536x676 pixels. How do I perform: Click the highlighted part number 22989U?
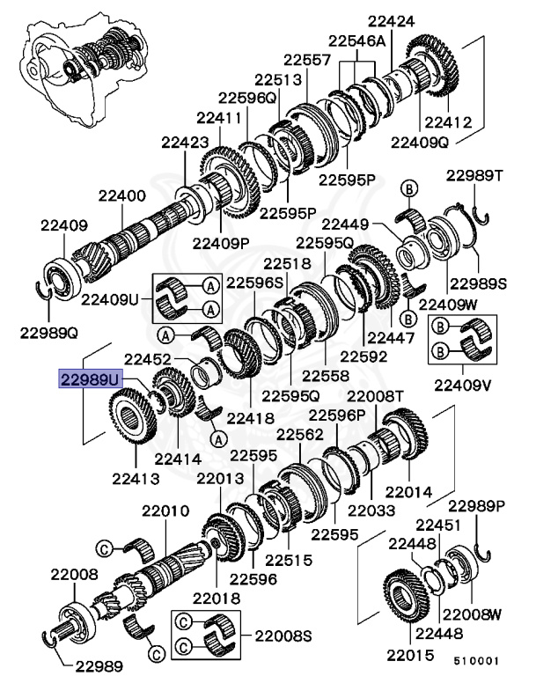pos(89,379)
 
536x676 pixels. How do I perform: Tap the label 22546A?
pos(357,40)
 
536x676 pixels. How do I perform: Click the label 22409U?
pos(110,299)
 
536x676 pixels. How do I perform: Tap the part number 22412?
pos(448,122)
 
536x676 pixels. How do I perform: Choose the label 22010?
pos(159,511)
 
